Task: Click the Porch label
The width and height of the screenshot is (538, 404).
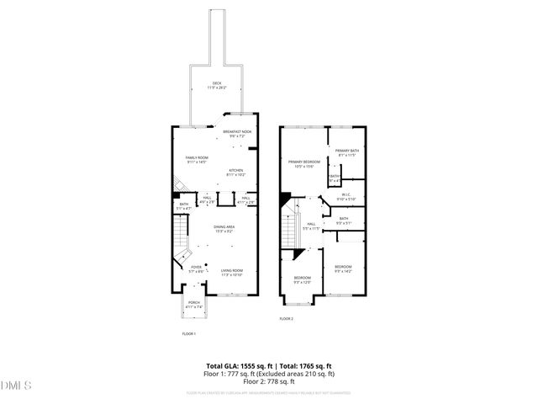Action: pyautogui.click(x=193, y=305)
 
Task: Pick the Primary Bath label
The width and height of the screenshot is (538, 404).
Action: pyautogui.click(x=347, y=152)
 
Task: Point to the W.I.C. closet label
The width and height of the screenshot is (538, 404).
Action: pyautogui.click(x=346, y=197)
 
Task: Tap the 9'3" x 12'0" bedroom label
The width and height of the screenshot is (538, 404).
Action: pyautogui.click(x=302, y=279)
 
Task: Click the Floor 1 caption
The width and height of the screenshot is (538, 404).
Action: pyautogui.click(x=189, y=335)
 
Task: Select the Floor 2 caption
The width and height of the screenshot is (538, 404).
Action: pyautogui.click(x=287, y=319)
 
